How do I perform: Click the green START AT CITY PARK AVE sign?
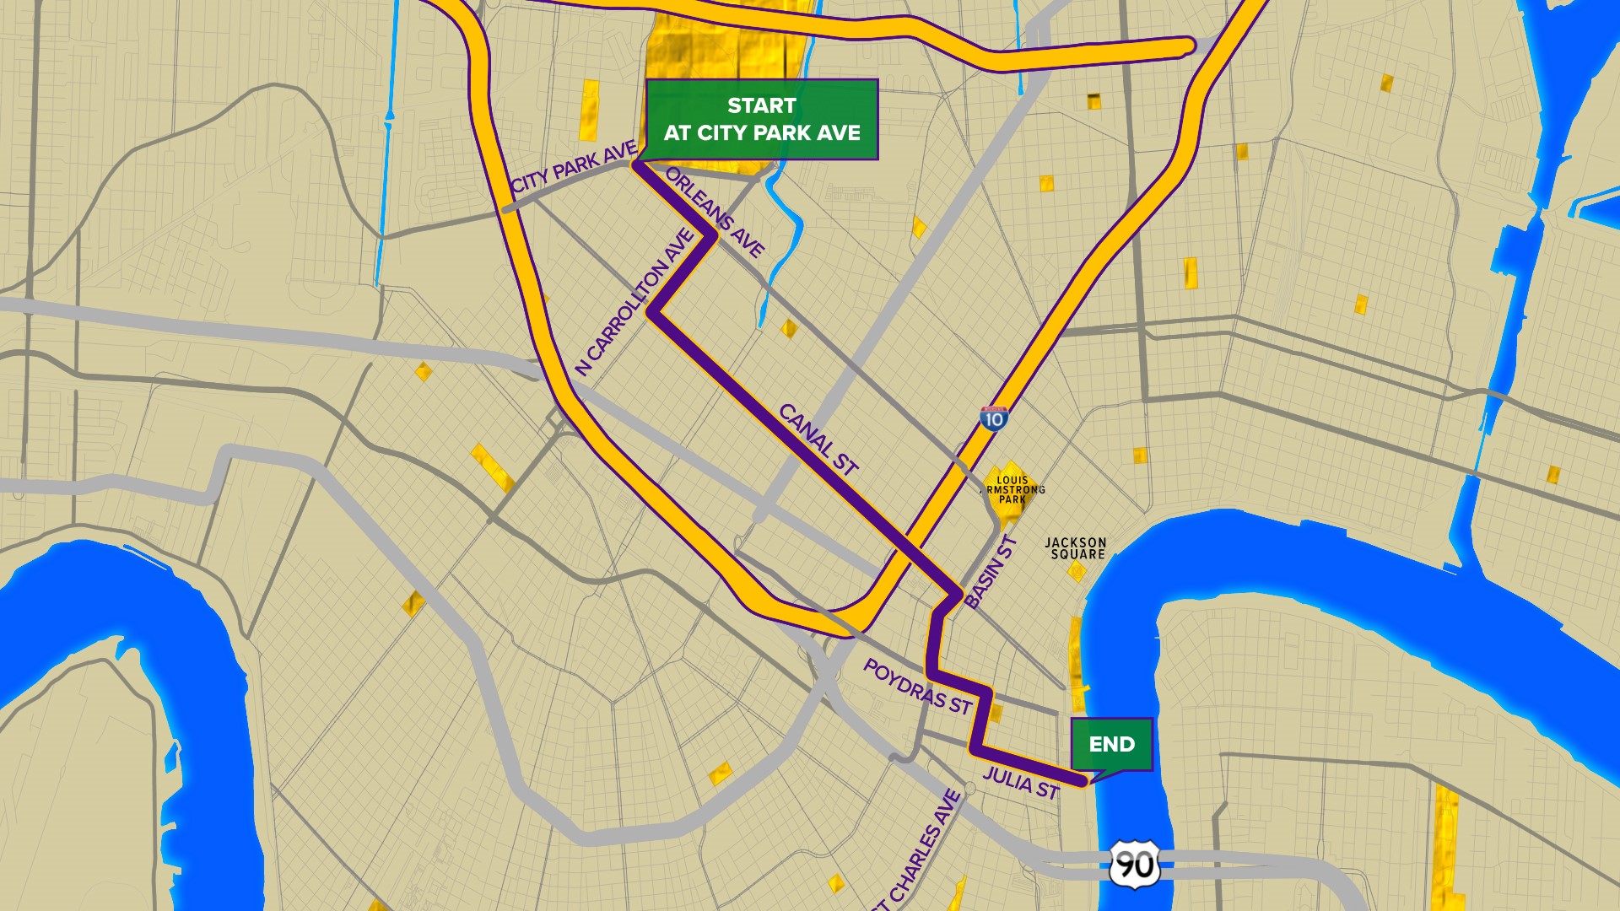click(761, 119)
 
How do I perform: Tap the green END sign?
click(1111, 744)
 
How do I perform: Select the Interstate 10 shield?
click(994, 418)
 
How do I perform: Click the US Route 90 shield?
click(1133, 865)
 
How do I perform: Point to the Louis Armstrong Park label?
click(1012, 489)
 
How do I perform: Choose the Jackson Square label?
click(1076, 548)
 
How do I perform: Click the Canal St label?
click(818, 439)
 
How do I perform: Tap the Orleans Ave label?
click(715, 212)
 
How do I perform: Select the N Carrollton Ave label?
click(634, 302)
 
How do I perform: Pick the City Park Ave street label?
click(574, 167)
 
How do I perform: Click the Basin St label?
click(991, 572)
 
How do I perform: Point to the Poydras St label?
click(917, 687)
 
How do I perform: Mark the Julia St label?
click(1021, 783)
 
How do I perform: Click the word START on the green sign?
click(761, 105)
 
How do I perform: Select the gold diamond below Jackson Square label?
click(1077, 573)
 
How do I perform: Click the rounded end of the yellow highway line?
click(1188, 46)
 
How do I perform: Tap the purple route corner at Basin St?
click(959, 595)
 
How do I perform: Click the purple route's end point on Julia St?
click(1083, 783)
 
